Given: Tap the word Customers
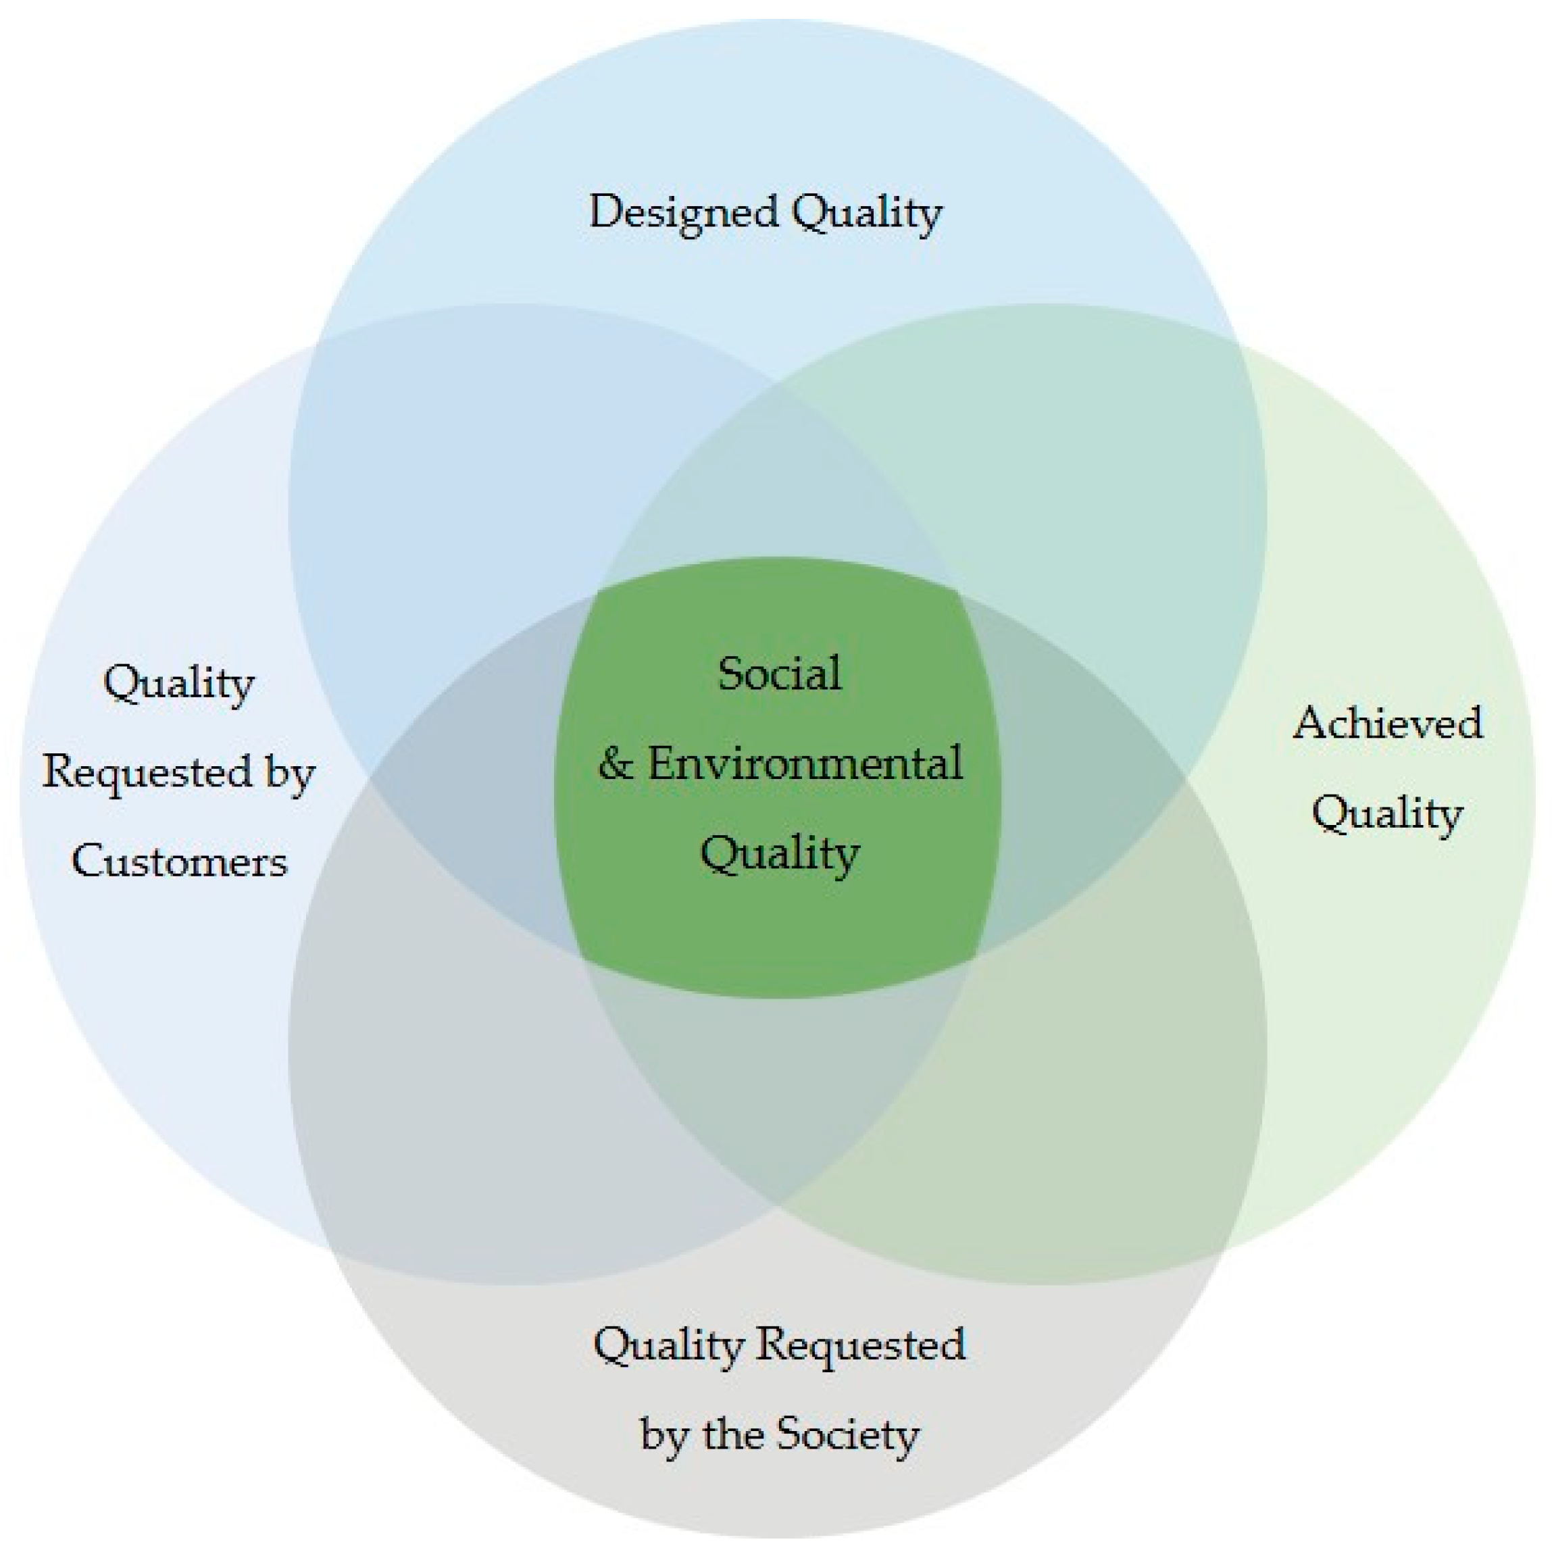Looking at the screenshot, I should click(179, 862).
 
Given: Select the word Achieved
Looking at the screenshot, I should click(1387, 723).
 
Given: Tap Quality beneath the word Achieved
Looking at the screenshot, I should click(1387, 813).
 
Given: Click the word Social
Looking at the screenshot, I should click(779, 673).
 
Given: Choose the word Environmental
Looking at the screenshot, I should click(805, 763).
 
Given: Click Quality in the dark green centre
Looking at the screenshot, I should click(779, 853).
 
